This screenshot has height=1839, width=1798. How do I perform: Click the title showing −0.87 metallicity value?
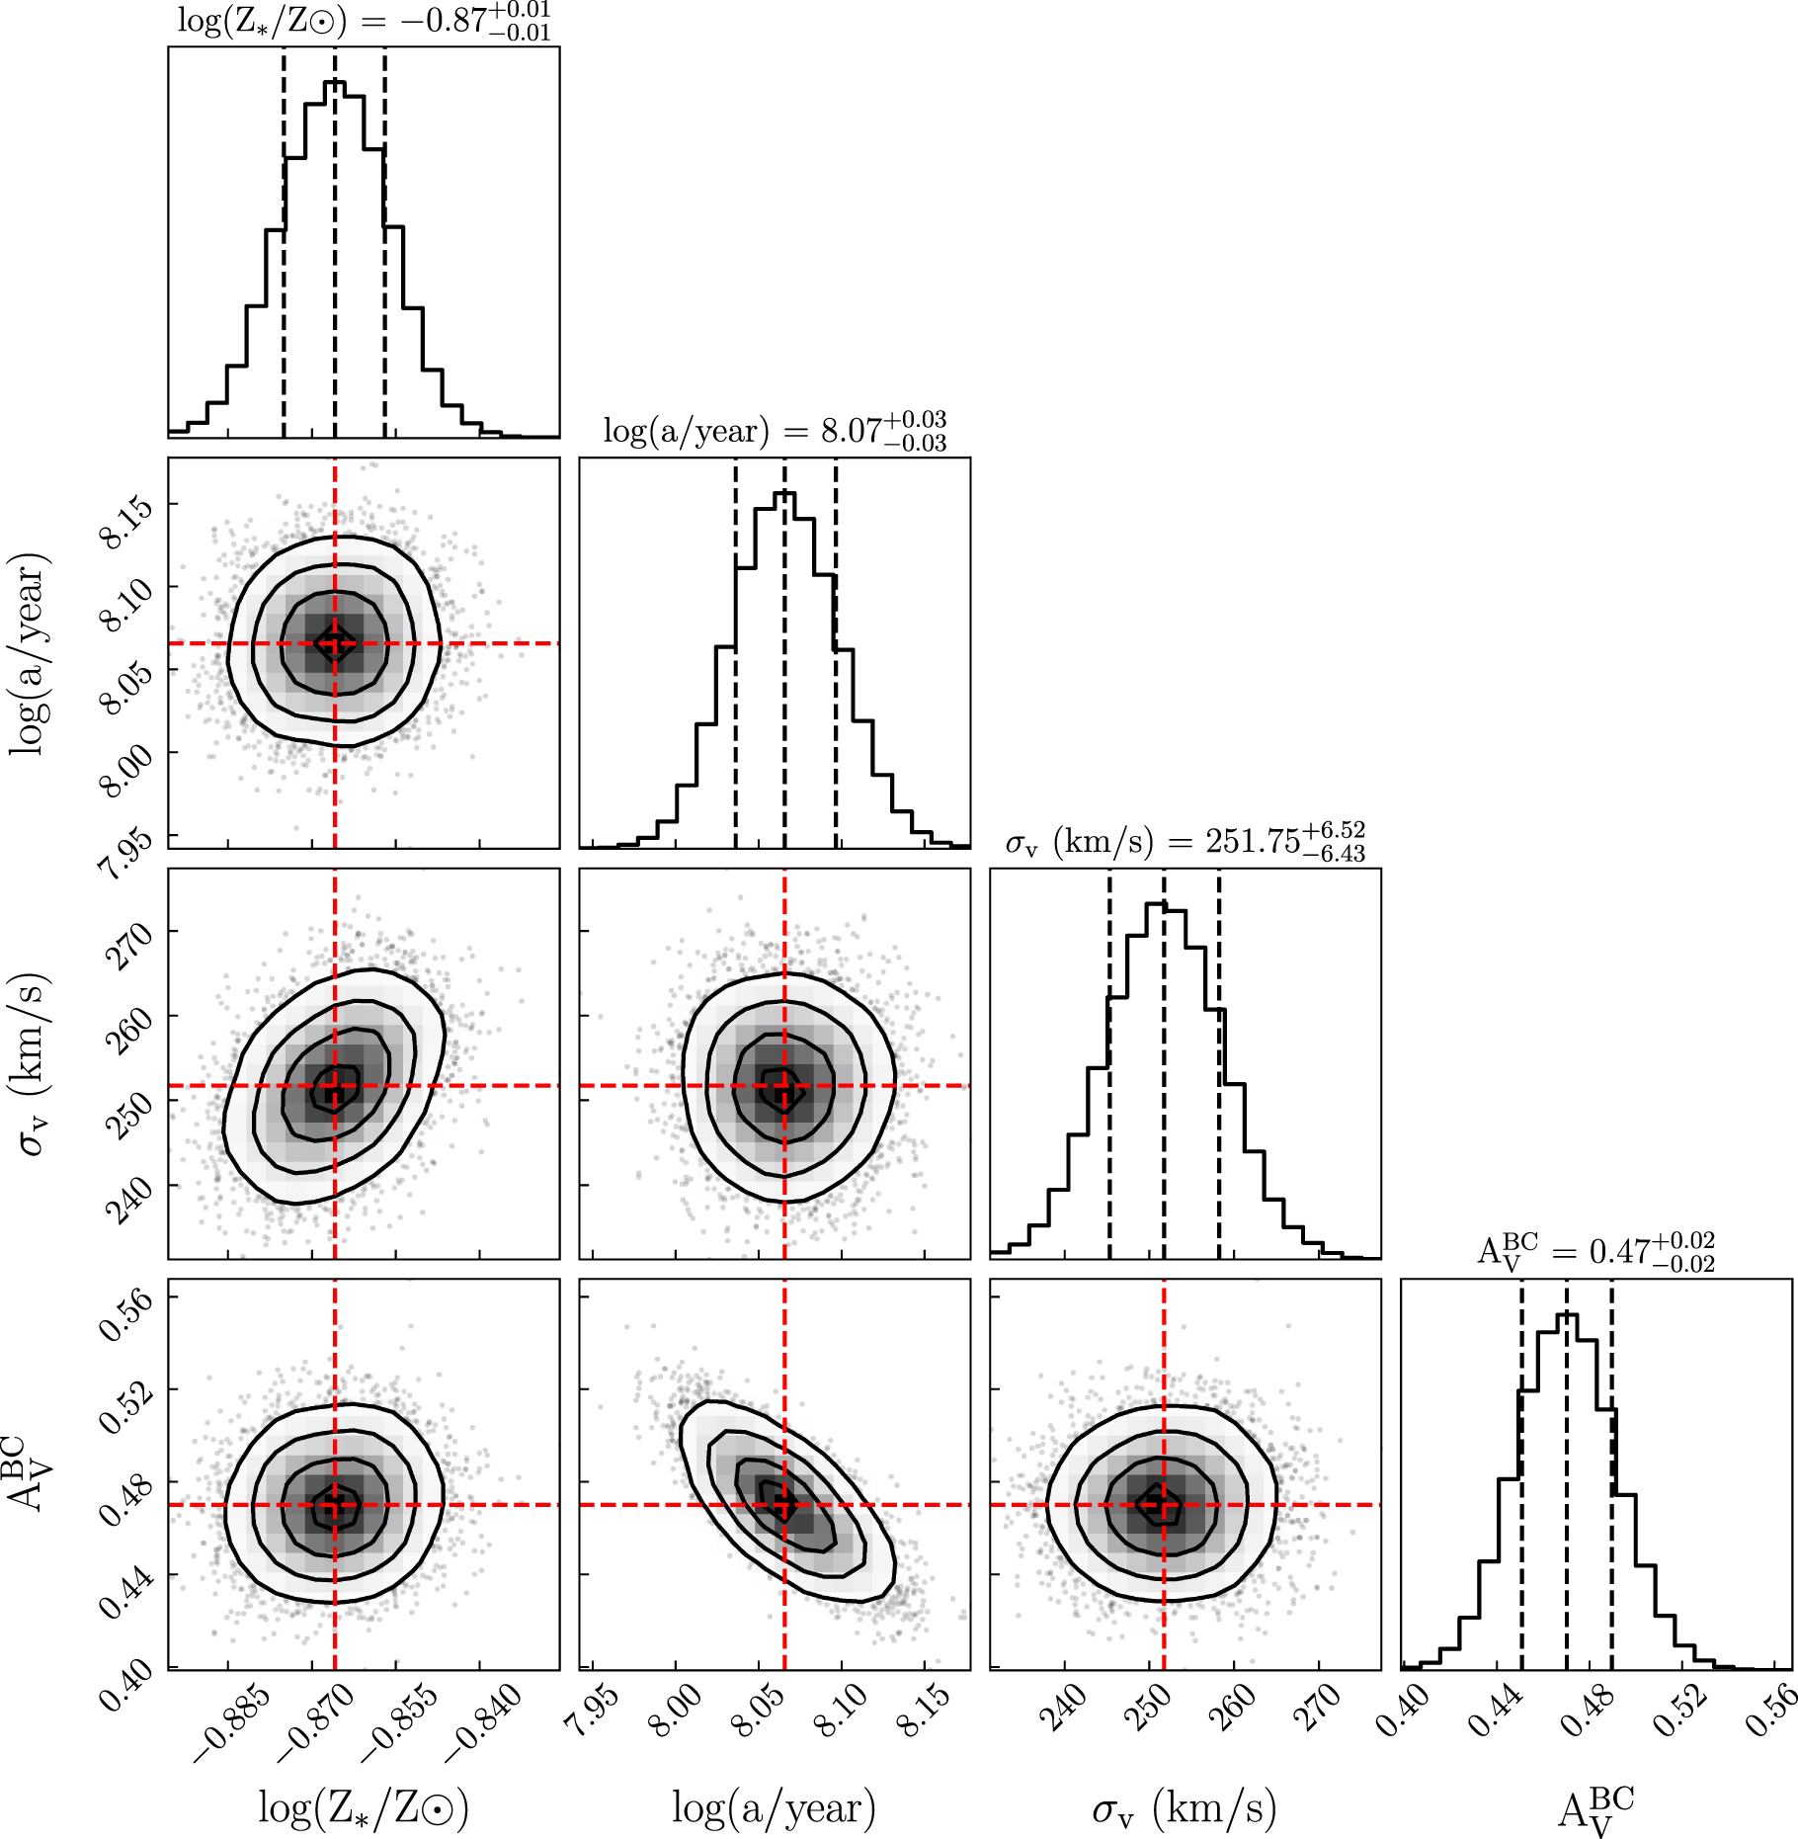coord(364,22)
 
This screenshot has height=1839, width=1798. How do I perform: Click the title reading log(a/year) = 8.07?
coord(775,432)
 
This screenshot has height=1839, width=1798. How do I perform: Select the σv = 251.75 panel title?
coord(1185,842)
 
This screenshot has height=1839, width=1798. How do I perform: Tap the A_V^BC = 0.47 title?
coord(1595,1252)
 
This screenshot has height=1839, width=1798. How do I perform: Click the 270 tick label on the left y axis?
coord(128,946)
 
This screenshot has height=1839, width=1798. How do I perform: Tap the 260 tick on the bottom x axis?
coord(1232,1709)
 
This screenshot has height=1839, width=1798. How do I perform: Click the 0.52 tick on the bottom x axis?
coord(1680,1711)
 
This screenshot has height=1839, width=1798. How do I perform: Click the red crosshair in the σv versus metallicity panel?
coord(335,1086)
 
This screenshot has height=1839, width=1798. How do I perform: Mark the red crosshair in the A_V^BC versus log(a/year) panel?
coord(784,1505)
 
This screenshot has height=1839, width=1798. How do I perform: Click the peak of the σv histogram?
coord(1157,903)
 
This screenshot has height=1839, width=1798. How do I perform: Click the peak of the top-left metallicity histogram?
coord(335,82)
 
